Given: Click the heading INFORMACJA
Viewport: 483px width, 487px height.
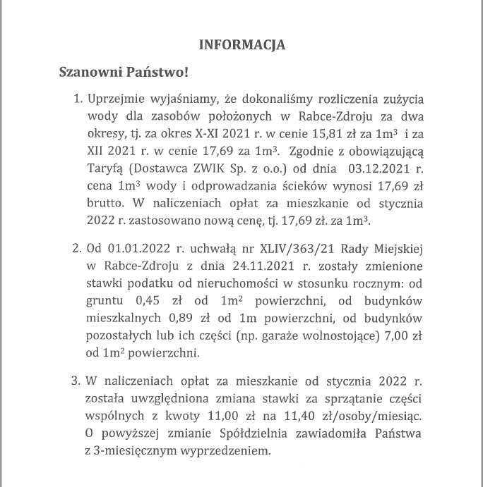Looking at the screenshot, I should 242,44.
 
